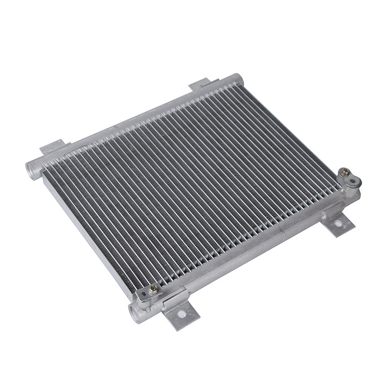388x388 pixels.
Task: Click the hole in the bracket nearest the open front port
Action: (181, 313)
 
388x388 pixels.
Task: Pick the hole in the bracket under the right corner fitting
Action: (338, 224)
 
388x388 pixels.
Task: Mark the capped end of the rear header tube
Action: (238, 78)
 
